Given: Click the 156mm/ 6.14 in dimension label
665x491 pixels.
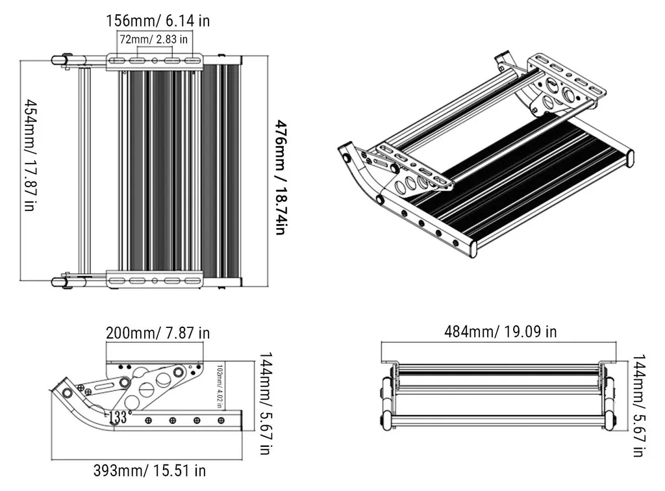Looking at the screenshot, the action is (157, 21).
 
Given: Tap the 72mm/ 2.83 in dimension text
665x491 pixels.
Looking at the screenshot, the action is (153, 40).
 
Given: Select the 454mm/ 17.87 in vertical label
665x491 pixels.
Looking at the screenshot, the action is (29, 155).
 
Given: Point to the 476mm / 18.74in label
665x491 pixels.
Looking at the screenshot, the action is (282, 177).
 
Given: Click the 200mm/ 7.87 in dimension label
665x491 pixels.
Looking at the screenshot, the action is (158, 333).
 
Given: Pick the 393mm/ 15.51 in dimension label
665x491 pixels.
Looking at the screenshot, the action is (150, 470).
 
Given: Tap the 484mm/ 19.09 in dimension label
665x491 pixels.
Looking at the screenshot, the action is (501, 331).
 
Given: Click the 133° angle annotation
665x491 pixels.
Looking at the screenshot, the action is (118, 417).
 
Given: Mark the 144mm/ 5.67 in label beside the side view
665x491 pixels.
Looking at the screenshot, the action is (265, 403).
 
